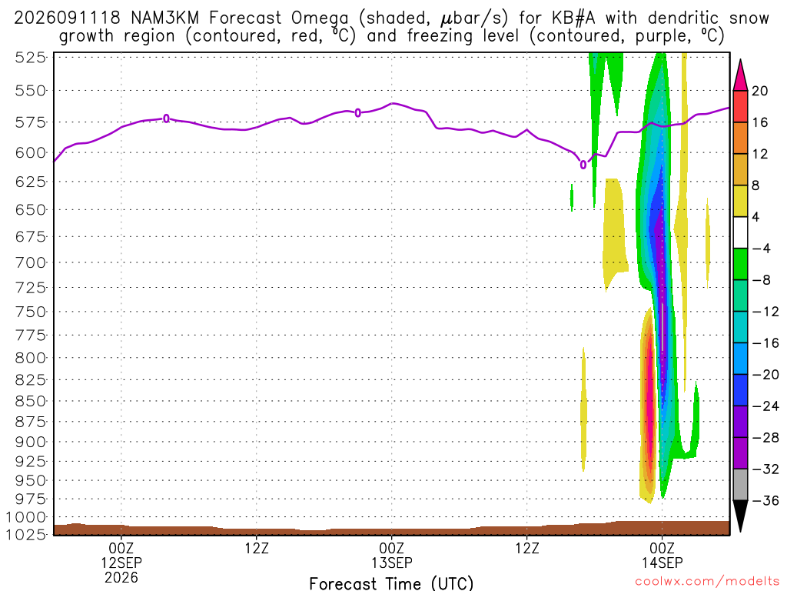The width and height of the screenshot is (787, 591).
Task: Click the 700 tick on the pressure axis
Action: [31, 262]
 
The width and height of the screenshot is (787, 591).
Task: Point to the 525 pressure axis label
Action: [31, 58]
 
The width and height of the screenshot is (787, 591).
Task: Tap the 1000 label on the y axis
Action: [26, 517]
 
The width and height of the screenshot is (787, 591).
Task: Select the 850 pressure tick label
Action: [31, 401]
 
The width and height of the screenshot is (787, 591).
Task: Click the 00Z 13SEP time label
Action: [391, 556]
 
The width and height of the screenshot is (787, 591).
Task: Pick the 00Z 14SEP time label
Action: [662, 556]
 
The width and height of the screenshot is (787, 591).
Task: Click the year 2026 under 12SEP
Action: [121, 577]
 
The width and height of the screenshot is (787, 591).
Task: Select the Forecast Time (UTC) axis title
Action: [391, 583]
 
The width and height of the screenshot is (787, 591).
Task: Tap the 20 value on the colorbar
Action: [760, 91]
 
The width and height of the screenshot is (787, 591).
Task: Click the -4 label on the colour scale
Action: [761, 249]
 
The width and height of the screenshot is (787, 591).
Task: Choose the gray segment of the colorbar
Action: [740, 485]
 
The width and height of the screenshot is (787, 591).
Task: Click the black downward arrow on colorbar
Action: [740, 515]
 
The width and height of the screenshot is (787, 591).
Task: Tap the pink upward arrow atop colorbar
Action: [740, 76]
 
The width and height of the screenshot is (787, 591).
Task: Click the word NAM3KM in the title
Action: [164, 18]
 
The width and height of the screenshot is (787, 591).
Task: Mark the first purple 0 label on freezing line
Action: [166, 119]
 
